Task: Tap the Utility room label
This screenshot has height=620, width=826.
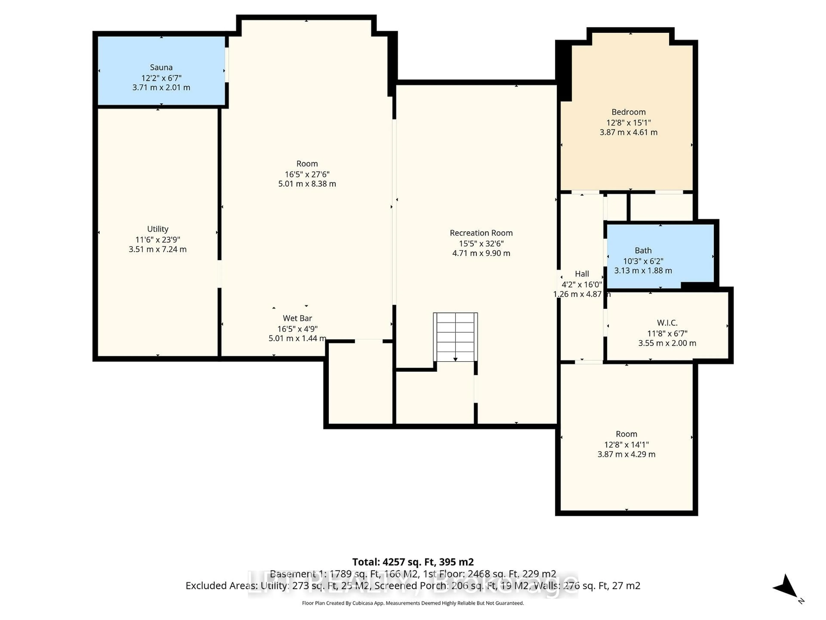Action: [x=158, y=229]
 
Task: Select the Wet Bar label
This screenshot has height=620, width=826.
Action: [x=297, y=318]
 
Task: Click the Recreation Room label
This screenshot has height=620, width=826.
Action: [x=481, y=233]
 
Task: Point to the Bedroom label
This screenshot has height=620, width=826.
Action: [x=629, y=112]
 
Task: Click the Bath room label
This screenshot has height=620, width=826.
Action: [x=643, y=250]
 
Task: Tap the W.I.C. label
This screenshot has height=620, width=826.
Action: [x=667, y=322]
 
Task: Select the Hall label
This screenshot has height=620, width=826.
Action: [x=582, y=274]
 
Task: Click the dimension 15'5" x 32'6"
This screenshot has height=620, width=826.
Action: [x=481, y=243]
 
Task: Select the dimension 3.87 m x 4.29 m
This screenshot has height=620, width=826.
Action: [x=626, y=454]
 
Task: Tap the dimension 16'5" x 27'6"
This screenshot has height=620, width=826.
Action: [x=307, y=174]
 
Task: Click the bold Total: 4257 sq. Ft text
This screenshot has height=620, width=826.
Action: [x=413, y=562]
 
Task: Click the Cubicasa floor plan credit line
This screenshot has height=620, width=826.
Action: [x=413, y=603]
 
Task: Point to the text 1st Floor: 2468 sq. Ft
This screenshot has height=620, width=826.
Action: [x=489, y=574]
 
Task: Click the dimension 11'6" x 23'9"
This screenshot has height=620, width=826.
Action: [x=158, y=240]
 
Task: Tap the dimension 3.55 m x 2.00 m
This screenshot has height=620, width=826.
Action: [x=667, y=343]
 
